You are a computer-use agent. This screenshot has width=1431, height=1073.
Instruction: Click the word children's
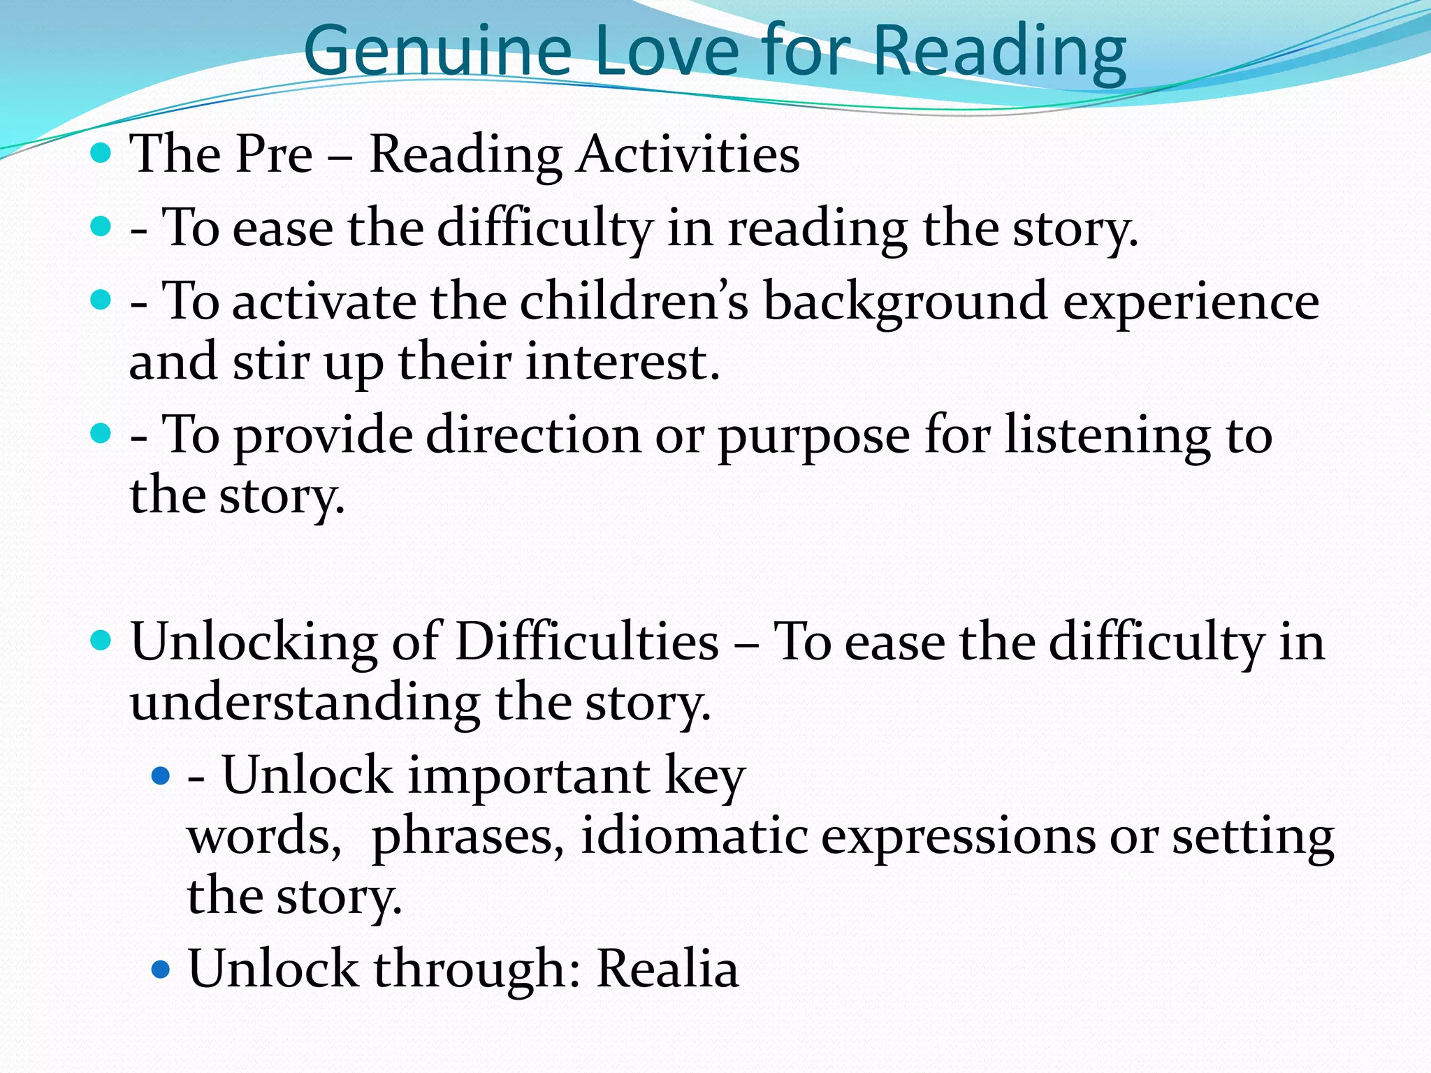[x=634, y=302]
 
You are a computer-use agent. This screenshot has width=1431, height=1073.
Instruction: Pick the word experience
[x=1191, y=302]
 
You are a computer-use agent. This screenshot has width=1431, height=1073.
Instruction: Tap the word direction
[x=533, y=435]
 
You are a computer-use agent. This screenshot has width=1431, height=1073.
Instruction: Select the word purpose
[x=814, y=436]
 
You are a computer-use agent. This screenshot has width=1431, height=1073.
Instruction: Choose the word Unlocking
[x=254, y=641]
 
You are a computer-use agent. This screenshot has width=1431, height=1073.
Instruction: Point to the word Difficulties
[x=586, y=641]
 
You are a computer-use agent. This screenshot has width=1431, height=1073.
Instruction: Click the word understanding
[x=305, y=702]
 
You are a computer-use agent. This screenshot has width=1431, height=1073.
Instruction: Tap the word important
[x=528, y=776]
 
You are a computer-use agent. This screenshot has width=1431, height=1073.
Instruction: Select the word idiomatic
[x=694, y=836]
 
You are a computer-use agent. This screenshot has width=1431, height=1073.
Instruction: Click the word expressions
[x=958, y=836]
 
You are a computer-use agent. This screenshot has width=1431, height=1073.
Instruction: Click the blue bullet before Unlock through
[x=161, y=969]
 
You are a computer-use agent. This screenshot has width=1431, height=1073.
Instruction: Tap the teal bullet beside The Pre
[x=101, y=153]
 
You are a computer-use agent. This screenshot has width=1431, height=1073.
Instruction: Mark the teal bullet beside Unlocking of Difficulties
[x=101, y=641]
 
